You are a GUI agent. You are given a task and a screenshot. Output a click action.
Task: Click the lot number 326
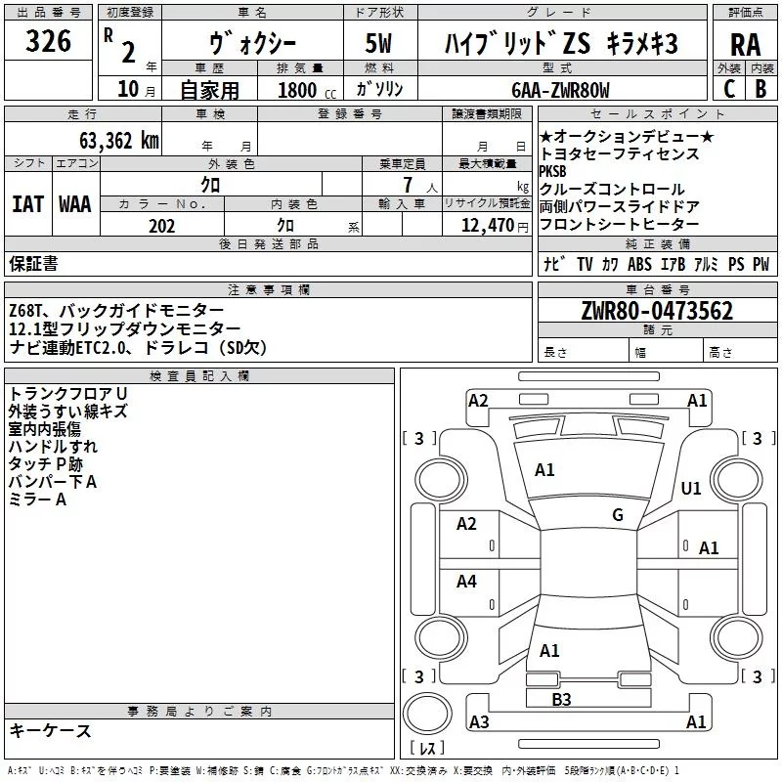click(49, 41)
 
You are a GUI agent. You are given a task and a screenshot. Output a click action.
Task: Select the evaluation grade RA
click(745, 46)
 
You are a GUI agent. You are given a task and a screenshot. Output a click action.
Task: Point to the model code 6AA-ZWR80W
click(560, 90)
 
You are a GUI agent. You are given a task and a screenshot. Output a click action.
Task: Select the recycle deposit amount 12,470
click(486, 226)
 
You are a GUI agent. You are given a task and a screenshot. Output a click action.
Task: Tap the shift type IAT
click(27, 203)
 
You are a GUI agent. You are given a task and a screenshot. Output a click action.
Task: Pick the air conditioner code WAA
click(75, 203)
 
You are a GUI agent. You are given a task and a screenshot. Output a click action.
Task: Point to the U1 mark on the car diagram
click(691, 488)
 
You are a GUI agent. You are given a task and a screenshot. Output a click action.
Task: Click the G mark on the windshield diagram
click(618, 515)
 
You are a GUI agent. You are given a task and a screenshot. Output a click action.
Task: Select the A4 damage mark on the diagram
click(467, 582)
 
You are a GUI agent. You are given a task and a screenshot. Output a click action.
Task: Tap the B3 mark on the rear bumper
click(561, 698)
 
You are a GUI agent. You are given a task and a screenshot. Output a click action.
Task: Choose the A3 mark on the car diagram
click(479, 722)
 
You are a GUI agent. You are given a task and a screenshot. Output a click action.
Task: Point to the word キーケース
click(50, 730)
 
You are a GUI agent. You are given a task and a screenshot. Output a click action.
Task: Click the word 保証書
click(33, 263)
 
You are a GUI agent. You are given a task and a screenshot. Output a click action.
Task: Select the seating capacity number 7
click(405, 185)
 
